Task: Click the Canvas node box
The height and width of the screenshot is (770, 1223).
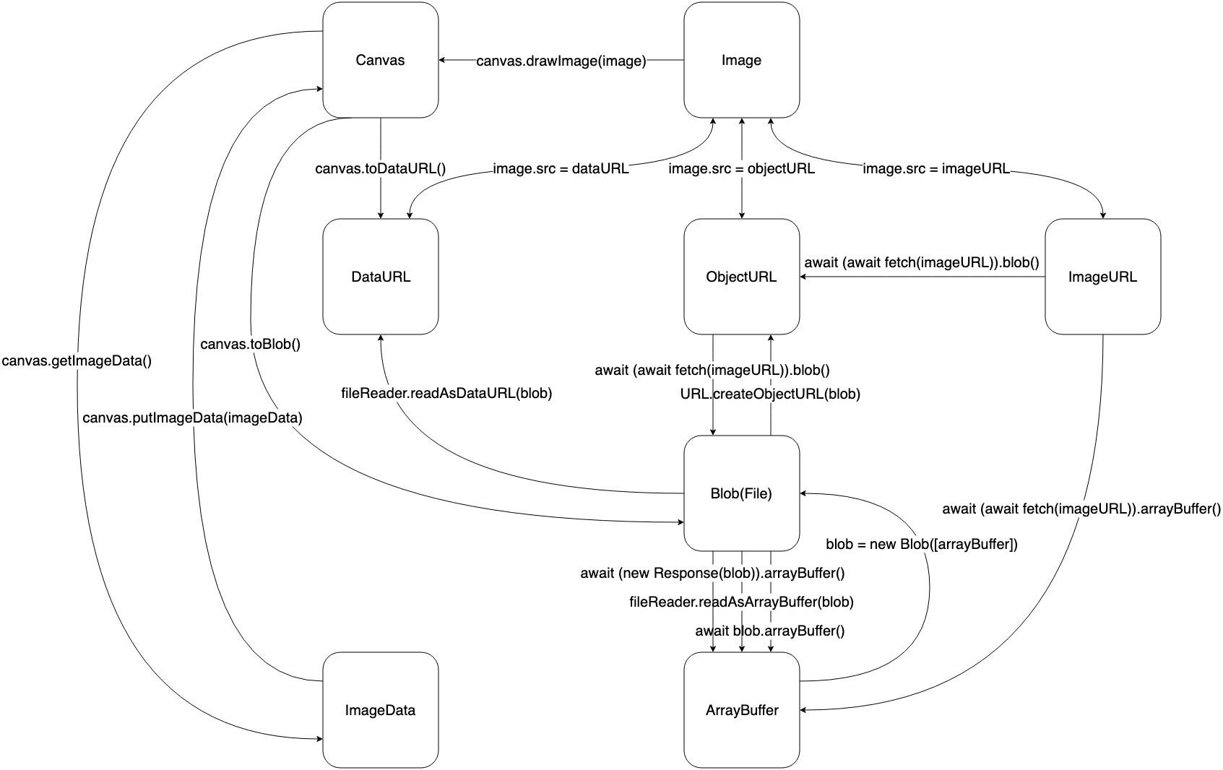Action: click(x=380, y=60)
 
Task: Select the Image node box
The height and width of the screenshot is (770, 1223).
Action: click(x=741, y=60)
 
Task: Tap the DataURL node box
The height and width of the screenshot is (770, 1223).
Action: click(x=380, y=277)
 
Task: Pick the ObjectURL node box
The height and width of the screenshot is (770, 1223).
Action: click(x=741, y=277)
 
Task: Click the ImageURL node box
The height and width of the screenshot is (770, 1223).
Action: click(x=1102, y=277)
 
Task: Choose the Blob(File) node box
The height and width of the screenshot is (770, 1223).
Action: click(x=741, y=493)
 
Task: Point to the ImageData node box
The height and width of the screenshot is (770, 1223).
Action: click(x=380, y=710)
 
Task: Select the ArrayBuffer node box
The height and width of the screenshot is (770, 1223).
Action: click(x=741, y=710)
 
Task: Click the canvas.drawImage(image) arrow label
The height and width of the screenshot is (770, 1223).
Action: click(x=561, y=61)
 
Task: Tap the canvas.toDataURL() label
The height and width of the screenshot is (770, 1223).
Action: click(x=380, y=169)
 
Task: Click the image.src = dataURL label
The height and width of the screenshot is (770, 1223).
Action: click(x=561, y=169)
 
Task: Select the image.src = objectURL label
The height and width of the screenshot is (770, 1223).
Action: click(x=741, y=169)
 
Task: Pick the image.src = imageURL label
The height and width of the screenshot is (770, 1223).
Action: click(x=936, y=169)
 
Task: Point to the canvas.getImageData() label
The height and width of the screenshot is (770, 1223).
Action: click(x=77, y=360)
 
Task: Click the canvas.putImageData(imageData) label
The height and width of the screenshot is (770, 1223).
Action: click(x=192, y=418)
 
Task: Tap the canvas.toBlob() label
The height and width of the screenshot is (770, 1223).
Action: click(x=250, y=345)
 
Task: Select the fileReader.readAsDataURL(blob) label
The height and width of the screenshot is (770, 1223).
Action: click(x=446, y=394)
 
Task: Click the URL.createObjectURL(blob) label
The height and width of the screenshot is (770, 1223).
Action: click(x=770, y=394)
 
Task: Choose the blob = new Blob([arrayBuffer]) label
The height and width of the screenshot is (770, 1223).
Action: click(x=921, y=544)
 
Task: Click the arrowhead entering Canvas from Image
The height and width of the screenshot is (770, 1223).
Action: click(x=444, y=60)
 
